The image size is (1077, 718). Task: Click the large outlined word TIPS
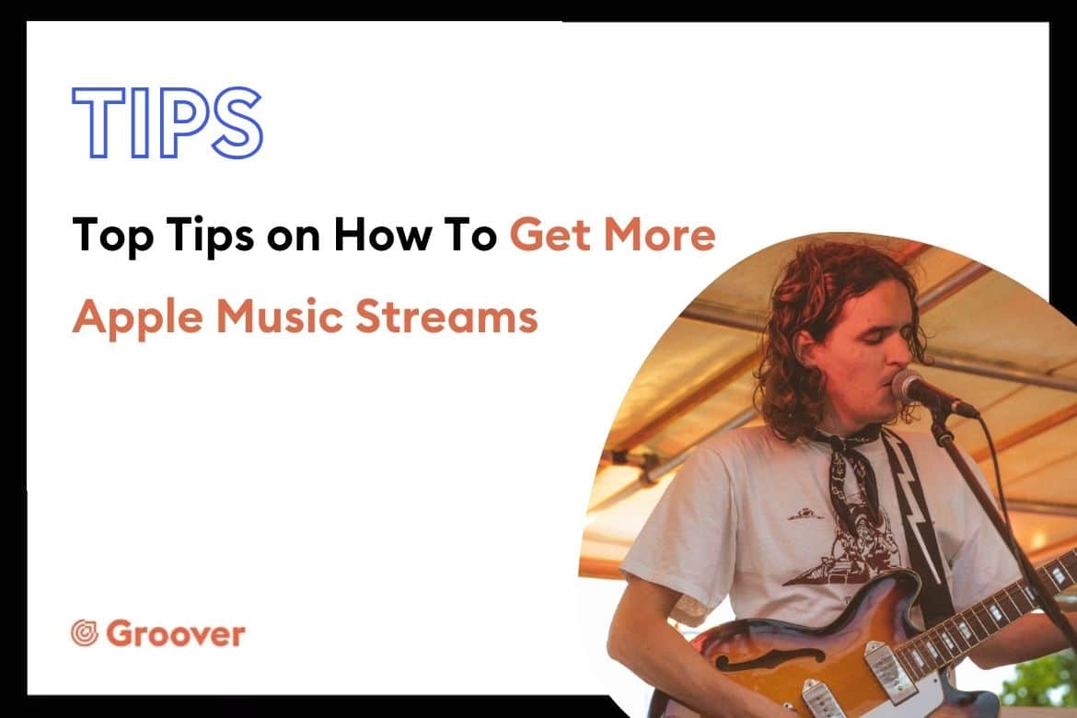coord(168,123)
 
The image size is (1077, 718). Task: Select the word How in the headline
coord(383,235)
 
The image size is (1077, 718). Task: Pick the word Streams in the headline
coord(446,317)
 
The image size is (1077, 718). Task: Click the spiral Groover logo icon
coord(86,633)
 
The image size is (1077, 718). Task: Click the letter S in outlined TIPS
coord(237,123)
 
